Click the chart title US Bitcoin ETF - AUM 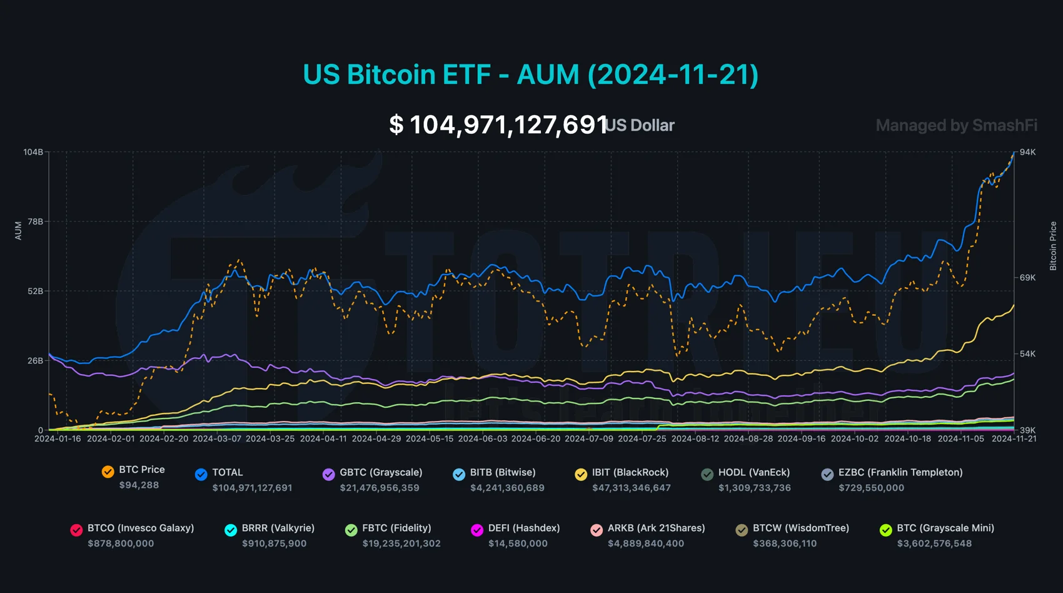click(x=530, y=74)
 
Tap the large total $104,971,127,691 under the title click(x=498, y=124)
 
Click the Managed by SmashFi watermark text click(x=956, y=125)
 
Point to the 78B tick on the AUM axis click(x=35, y=221)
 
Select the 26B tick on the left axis click(x=35, y=360)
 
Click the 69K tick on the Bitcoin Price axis click(x=1027, y=277)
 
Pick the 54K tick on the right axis click(x=1027, y=353)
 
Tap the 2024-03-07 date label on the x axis click(x=217, y=438)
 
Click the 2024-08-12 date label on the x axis click(x=695, y=438)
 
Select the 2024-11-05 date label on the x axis click(x=961, y=438)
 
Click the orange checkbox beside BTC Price click(x=108, y=472)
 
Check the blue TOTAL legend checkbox click(x=201, y=475)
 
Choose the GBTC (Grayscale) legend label click(x=381, y=472)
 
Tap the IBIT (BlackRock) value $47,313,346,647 click(x=632, y=488)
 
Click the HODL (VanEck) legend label click(x=754, y=472)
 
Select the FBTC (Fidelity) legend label click(x=396, y=528)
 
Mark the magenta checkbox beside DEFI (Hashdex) click(x=477, y=530)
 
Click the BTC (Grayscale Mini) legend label click(x=945, y=528)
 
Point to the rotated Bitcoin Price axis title click(x=1053, y=246)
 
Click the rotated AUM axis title click(x=18, y=230)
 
